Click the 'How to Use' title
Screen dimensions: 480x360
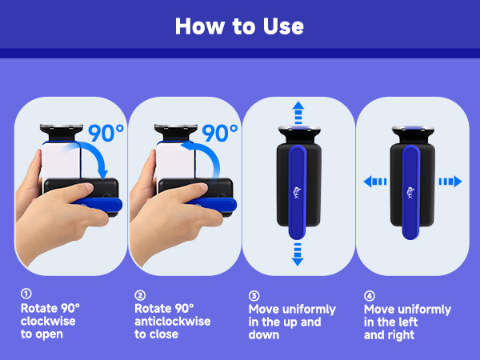coord(239,26)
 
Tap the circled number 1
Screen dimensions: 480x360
coord(26,294)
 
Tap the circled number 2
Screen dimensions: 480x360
coord(140,295)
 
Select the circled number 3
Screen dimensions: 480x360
coord(254,296)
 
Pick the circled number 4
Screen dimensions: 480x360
coord(370,296)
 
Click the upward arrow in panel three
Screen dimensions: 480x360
coord(298,113)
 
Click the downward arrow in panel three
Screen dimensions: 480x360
coord(298,254)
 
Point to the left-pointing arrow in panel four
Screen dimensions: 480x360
coord(375,182)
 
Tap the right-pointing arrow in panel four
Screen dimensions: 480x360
coord(450,182)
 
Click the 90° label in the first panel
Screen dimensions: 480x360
coord(106,133)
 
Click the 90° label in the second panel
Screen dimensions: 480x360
coord(220,133)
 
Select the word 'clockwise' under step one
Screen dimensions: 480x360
coord(48,321)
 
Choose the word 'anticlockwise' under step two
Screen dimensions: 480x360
coord(173,321)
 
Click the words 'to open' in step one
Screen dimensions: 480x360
coord(42,334)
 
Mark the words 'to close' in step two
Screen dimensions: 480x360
coord(157,334)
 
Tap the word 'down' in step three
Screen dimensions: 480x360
coord(264,335)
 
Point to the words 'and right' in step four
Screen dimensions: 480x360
coord(389,335)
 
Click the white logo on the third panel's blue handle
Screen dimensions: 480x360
coord(297,193)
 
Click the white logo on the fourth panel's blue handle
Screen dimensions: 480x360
coord(410,193)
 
